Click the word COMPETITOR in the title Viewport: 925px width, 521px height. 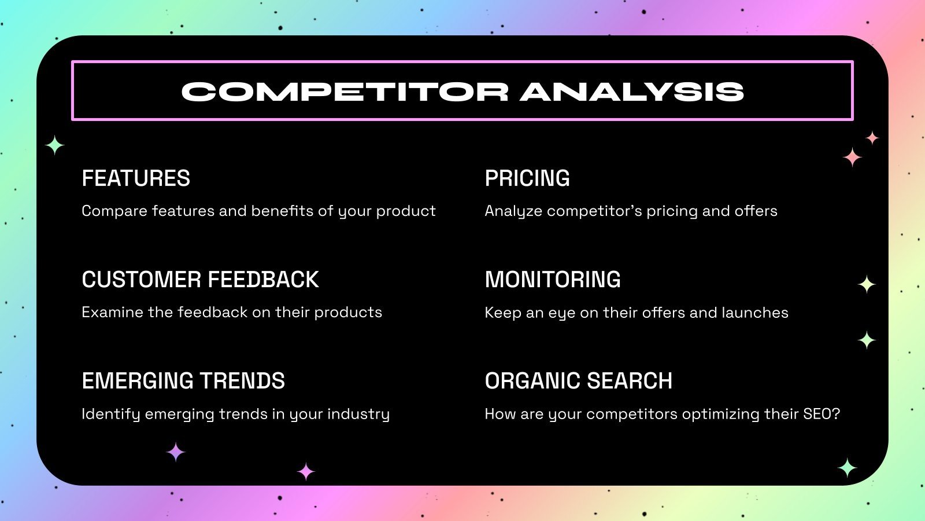pos(345,91)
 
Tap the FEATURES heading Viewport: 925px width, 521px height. pos(136,178)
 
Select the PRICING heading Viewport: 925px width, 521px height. pos(527,178)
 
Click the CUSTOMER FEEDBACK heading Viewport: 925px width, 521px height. pos(200,280)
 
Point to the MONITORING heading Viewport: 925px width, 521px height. pos(552,280)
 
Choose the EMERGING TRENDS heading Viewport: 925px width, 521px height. pos(183,381)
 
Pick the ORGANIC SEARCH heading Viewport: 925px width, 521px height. pos(578,381)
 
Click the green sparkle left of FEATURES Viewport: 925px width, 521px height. pos(55,145)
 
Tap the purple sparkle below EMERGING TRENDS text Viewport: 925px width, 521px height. pos(176,452)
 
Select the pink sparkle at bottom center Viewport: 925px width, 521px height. pos(306,472)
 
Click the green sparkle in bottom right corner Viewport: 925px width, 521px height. pos(847,468)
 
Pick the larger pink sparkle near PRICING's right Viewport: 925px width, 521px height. pos(852,157)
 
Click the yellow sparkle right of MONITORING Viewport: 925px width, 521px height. pos(866,284)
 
